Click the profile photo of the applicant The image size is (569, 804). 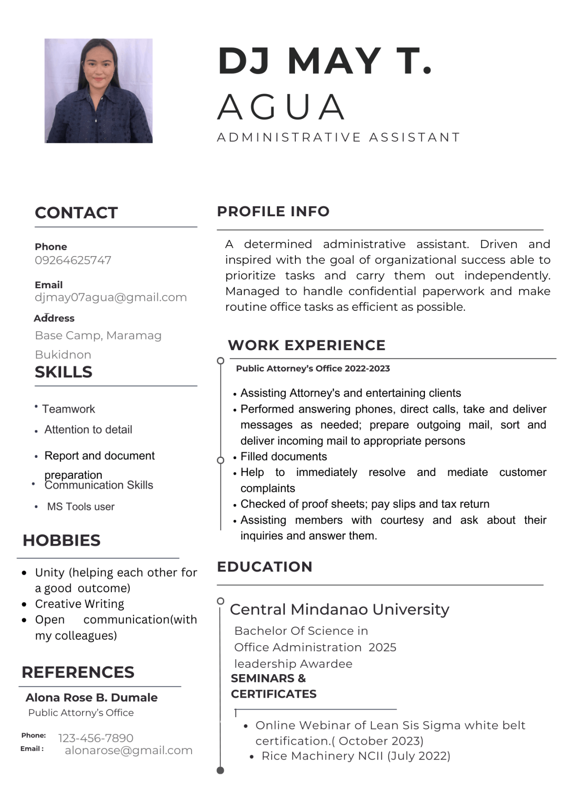pyautogui.click(x=98, y=90)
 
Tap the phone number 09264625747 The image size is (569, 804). pyautogui.click(x=73, y=260)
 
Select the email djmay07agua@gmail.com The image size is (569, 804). pyautogui.click(x=111, y=297)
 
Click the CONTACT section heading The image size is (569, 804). pyautogui.click(x=76, y=213)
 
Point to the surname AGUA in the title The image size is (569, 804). pyautogui.click(x=281, y=107)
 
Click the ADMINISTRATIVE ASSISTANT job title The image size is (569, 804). pyautogui.click(x=338, y=137)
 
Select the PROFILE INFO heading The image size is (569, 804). pyautogui.click(x=273, y=211)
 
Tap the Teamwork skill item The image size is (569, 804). pyautogui.click(x=68, y=409)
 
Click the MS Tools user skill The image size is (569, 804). pyautogui.click(x=81, y=507)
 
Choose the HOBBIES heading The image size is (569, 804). pyautogui.click(x=62, y=540)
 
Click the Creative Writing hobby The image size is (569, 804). pyautogui.click(x=79, y=604)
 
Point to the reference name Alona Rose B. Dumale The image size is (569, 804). pyautogui.click(x=92, y=697)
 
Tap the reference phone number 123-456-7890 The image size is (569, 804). pyautogui.click(x=96, y=738)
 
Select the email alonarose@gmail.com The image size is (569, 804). pyautogui.click(x=129, y=750)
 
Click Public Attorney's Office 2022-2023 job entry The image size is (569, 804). pyautogui.click(x=313, y=368)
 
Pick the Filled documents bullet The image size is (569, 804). pyautogui.click(x=284, y=457)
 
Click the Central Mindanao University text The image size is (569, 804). pyautogui.click(x=339, y=609)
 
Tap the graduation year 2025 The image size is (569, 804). pyautogui.click(x=382, y=647)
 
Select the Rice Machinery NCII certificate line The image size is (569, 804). pyautogui.click(x=356, y=756)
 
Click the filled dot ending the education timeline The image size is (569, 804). pyautogui.click(x=220, y=770)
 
